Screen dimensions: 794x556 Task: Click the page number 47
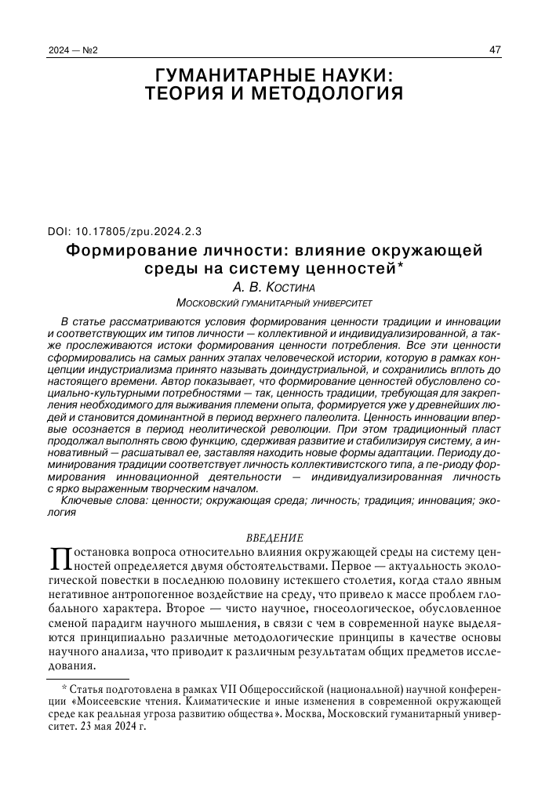pyautogui.click(x=495, y=51)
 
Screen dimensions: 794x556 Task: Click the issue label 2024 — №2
pyautogui.click(x=73, y=51)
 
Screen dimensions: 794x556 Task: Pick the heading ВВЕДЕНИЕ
pyautogui.click(x=274, y=537)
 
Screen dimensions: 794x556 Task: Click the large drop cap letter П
pyautogui.click(x=60, y=559)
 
